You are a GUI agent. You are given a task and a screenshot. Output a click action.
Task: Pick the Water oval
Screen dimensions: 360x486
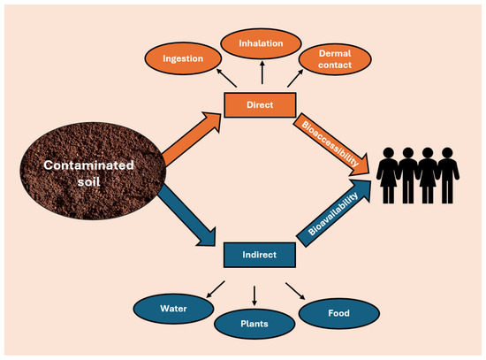point(175,310)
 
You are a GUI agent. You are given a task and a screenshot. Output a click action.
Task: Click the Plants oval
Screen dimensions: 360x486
point(254,325)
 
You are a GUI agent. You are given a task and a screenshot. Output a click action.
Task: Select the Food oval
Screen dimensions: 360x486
point(339,312)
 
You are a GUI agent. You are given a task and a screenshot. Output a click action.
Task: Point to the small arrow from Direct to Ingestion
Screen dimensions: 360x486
point(224,80)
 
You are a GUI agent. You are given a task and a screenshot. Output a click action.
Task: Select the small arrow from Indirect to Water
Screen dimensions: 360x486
point(215,289)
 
